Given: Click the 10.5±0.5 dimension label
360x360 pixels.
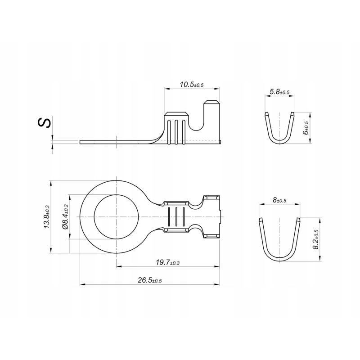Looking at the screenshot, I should (192, 85).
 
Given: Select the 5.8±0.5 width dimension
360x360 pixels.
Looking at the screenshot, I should (279, 92).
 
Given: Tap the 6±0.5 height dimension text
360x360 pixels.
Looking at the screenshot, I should (306, 128).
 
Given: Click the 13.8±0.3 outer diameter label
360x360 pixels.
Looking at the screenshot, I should (47, 217).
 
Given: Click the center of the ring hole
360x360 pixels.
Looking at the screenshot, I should (116, 217).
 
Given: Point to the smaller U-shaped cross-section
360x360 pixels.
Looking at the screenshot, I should (279, 128).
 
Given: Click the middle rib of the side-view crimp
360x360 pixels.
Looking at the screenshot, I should (176, 131).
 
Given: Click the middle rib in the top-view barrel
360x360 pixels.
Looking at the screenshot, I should (176, 217).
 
